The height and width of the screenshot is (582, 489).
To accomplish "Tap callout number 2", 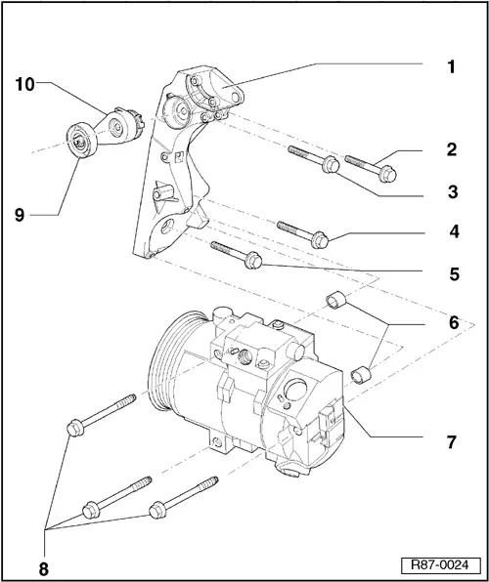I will pos(452,150).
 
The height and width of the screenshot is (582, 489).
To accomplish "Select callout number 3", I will pos(452,192).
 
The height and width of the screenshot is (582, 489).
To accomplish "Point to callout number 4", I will pos(452,233).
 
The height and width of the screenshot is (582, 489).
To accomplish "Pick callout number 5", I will pos(452,274).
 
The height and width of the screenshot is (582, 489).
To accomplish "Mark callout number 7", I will pos(452,442).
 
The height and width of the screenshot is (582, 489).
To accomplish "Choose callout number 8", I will pos(44,563).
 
